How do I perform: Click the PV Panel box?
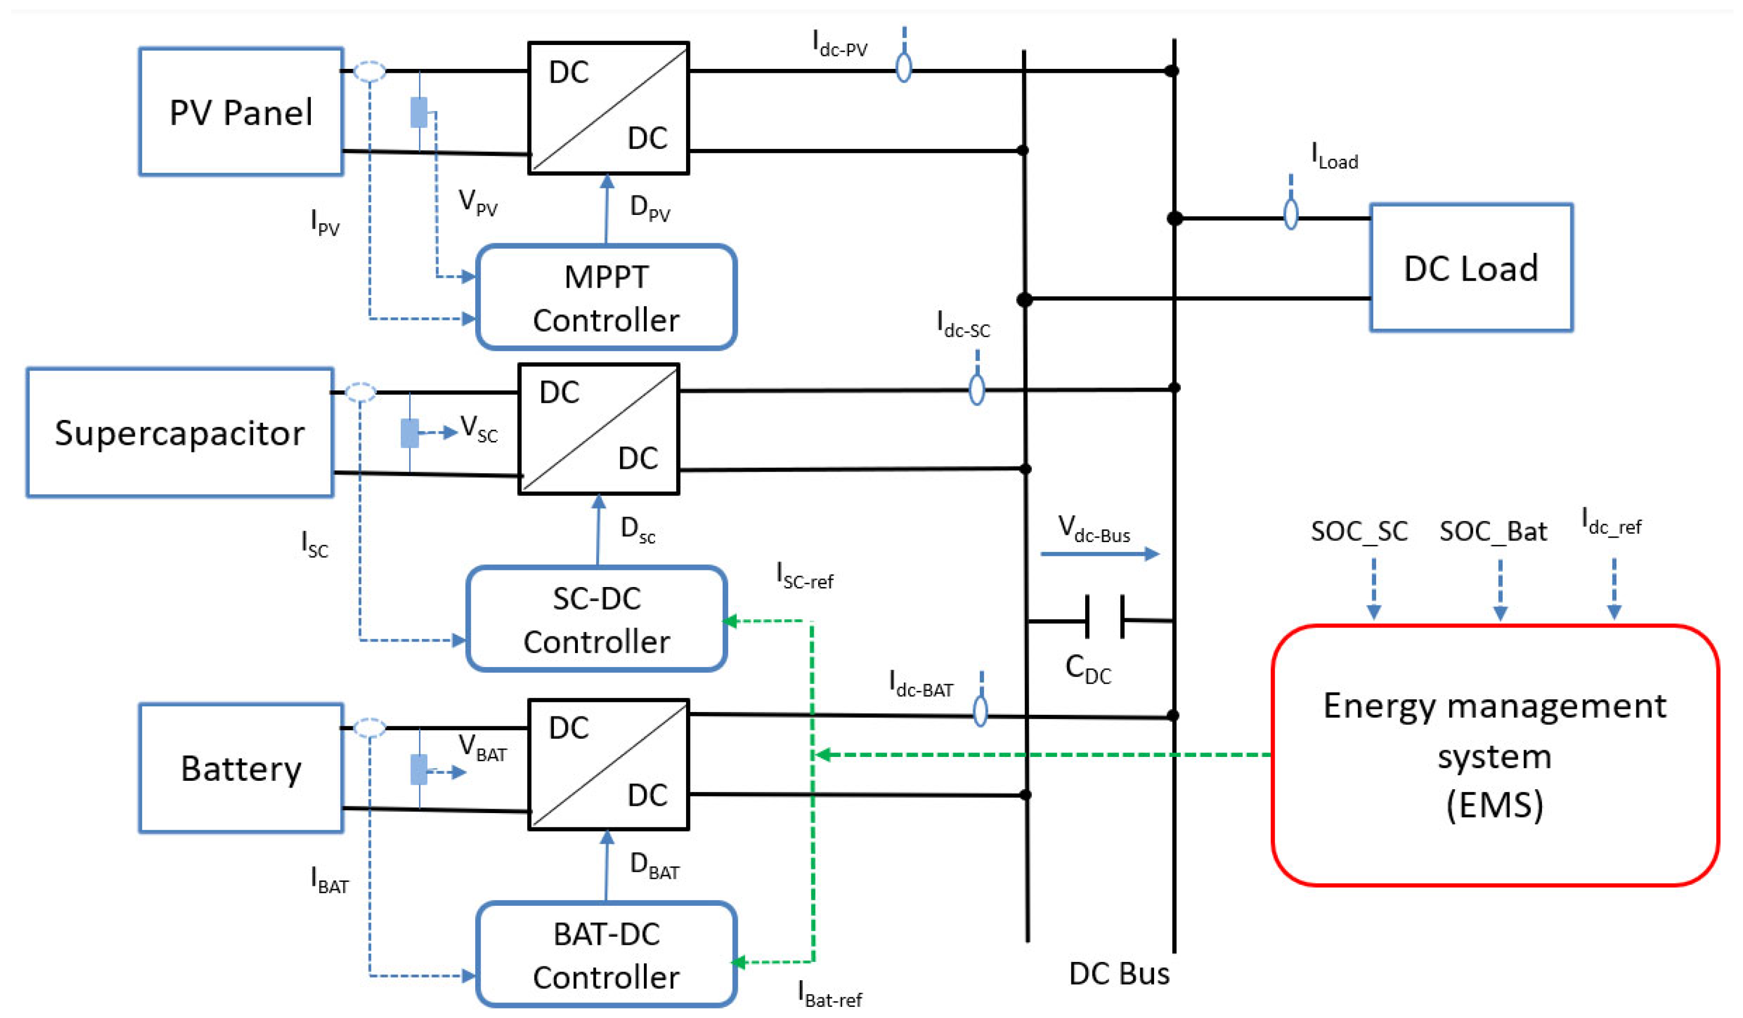[241, 112]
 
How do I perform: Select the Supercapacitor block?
[180, 433]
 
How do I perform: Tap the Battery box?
[241, 768]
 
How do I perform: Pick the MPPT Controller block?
[606, 297]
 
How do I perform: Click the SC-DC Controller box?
[596, 619]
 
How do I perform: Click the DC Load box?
[1471, 268]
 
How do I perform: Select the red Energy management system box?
[1495, 755]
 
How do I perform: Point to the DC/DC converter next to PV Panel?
[608, 108]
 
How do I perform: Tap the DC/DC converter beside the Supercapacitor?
[598, 429]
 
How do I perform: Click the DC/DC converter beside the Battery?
[608, 765]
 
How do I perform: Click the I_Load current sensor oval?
[1290, 214]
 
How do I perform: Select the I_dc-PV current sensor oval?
[903, 68]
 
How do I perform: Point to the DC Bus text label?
[1119, 974]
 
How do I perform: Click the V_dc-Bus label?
[1094, 529]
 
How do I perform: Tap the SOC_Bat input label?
[1493, 531]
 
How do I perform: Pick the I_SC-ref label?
[804, 576]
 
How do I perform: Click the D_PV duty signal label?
[649, 208]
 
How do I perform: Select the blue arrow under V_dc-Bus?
[1100, 554]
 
